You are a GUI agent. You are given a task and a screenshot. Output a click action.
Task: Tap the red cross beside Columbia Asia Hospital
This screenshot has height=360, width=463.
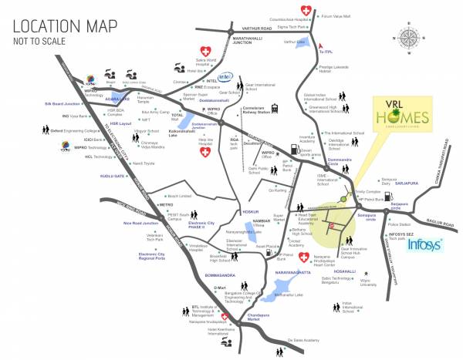click(x=307, y=11)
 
